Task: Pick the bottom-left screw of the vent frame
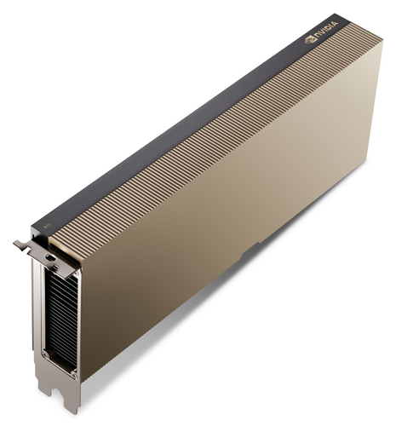click(44, 353)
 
